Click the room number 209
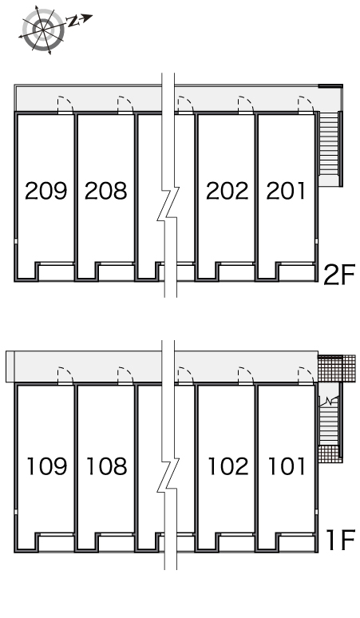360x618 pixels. (46, 191)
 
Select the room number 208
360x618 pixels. (106, 191)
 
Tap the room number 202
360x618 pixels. (227, 191)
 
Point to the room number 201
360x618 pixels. (286, 191)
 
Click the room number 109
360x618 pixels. (47, 465)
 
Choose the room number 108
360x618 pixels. (107, 465)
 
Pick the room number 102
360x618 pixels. (228, 465)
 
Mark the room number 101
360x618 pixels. (287, 465)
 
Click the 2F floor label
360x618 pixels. (339, 275)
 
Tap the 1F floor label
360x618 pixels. (341, 540)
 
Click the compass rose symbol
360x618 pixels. (43, 30)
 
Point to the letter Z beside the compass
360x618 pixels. (73, 22)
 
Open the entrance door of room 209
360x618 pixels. (65, 105)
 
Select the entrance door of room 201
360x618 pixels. (306, 105)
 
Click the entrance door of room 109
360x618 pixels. (65, 375)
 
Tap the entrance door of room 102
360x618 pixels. (246, 375)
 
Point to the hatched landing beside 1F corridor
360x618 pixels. (336, 368)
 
